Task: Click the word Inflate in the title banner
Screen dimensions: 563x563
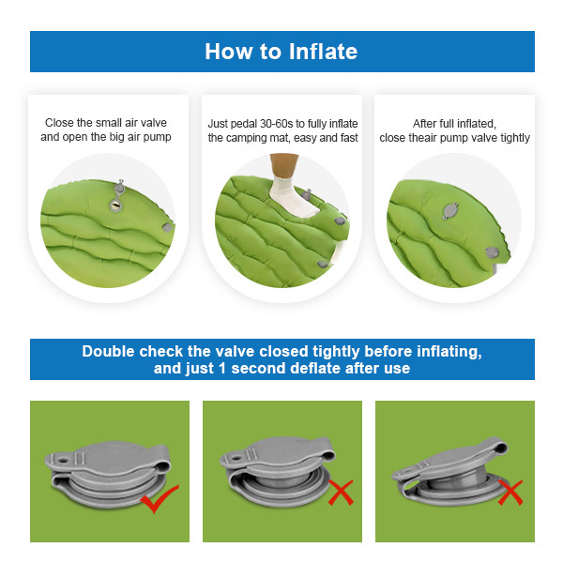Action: point(323,52)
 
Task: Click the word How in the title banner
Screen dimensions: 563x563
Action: point(229,52)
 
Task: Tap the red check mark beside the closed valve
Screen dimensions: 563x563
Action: point(160,498)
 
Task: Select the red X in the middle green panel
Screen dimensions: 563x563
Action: point(341,493)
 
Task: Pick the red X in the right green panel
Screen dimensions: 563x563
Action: point(510,493)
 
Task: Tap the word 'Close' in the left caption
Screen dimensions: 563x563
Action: point(59,123)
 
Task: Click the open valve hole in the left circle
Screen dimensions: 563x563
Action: point(115,205)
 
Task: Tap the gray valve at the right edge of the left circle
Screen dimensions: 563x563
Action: point(167,227)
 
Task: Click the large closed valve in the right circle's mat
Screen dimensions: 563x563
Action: point(450,210)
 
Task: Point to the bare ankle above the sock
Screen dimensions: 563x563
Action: point(284,165)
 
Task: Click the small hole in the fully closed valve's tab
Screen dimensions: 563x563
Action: point(63,460)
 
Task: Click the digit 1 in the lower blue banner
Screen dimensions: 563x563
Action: point(222,369)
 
